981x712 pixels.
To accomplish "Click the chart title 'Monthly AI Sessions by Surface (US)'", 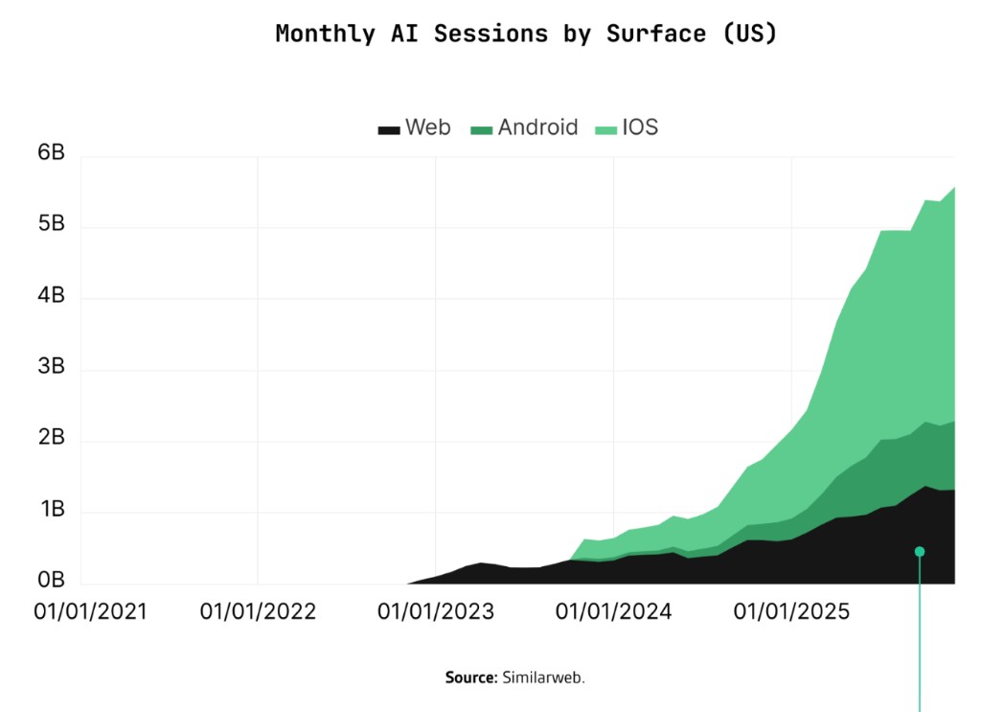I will [526, 34].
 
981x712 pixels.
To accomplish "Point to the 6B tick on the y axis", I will [51, 153].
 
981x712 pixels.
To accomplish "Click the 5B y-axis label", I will [51, 224].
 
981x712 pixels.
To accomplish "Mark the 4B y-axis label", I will [51, 296].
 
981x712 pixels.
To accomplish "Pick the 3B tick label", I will [51, 367].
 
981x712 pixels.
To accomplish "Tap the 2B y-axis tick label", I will [51, 439].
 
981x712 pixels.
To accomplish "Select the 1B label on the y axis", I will [51, 510].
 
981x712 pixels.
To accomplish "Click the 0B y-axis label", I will [51, 581].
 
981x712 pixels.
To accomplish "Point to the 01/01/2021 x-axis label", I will [91, 611].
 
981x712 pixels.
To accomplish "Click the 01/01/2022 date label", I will [258, 611].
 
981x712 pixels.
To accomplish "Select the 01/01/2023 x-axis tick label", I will [436, 611].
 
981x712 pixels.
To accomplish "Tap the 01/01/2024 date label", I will [614, 611].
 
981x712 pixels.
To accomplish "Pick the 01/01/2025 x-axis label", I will [792, 611].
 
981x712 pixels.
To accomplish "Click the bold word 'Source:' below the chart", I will [470, 678].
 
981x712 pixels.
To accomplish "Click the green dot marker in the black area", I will [920, 551].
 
